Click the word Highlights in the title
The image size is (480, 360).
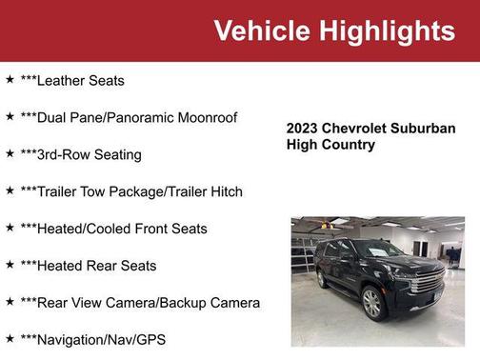388,30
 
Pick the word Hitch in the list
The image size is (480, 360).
224,191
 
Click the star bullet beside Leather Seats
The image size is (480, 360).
10,80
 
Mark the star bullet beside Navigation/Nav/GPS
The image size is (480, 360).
10,338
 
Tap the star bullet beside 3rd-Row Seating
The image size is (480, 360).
10,153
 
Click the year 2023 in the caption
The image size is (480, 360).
303,129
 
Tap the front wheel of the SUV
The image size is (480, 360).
372,304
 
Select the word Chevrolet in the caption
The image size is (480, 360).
355,129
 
